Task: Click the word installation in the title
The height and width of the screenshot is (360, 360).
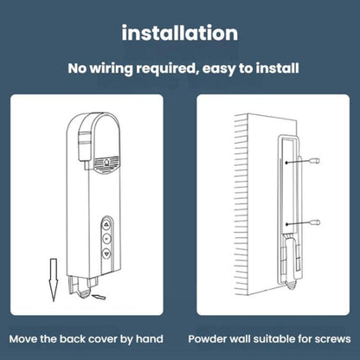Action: coord(180,34)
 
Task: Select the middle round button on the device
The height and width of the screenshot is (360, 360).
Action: coord(106,236)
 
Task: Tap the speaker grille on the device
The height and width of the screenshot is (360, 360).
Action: coord(105,160)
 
